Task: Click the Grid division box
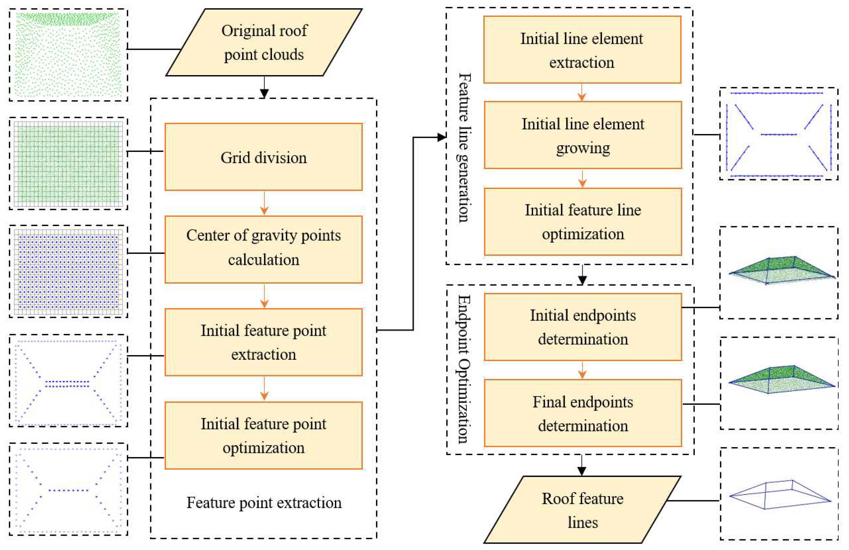click(263, 157)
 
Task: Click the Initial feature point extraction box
click(263, 342)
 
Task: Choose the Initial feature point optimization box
click(263, 435)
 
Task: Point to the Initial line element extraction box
click(582, 50)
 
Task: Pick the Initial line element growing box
click(583, 135)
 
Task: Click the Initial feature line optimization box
click(583, 222)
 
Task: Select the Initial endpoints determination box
click(583, 327)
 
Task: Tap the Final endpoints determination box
click(583, 413)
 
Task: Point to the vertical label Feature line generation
click(464, 148)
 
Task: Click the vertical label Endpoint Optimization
click(463, 369)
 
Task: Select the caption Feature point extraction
click(264, 503)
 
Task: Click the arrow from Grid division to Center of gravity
click(264, 204)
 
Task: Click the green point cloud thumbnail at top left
click(69, 55)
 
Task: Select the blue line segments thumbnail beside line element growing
click(778, 134)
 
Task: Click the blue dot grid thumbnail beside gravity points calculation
click(69, 271)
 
